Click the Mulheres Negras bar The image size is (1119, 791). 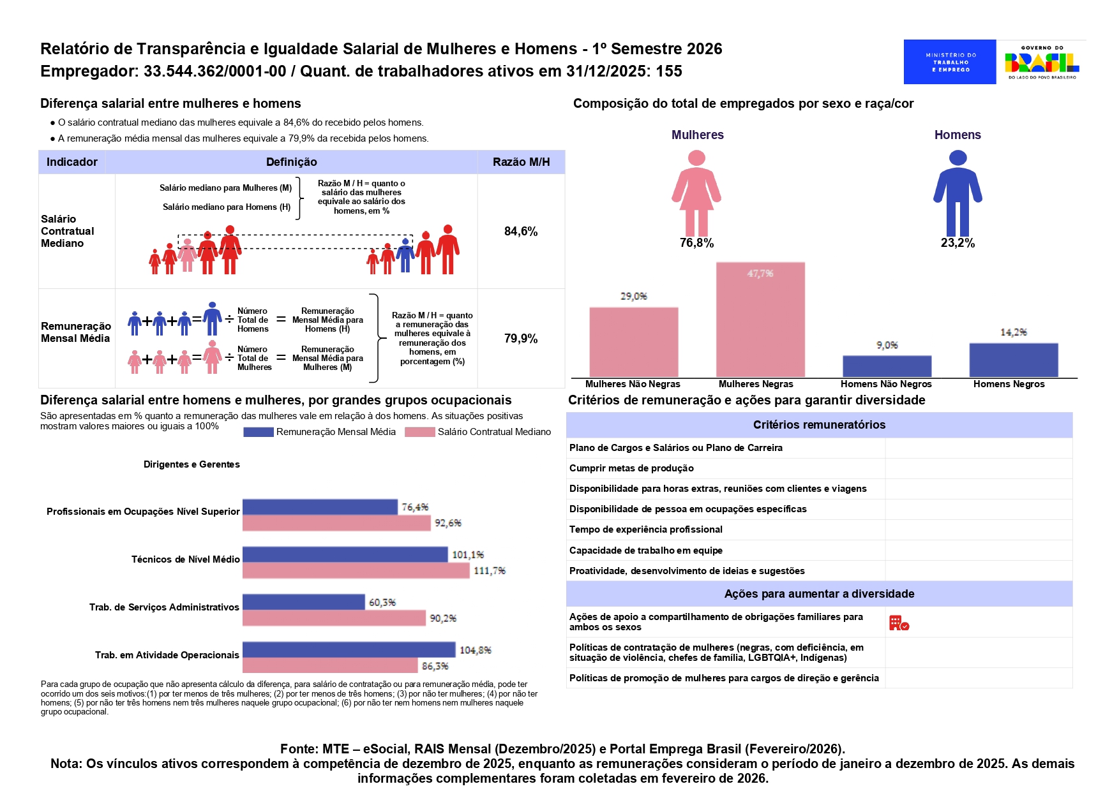click(x=760, y=320)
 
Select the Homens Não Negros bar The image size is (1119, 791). click(x=887, y=366)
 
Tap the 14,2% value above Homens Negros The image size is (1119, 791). click(x=1013, y=332)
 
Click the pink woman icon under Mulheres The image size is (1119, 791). click(x=696, y=193)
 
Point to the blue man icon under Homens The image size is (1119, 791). click(x=958, y=193)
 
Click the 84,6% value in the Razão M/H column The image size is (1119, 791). click(x=521, y=231)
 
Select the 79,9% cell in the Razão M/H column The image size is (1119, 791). click(x=521, y=338)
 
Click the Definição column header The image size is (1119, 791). click(x=291, y=162)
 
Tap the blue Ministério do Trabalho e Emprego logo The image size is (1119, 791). click(x=950, y=62)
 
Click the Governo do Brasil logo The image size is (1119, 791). click(x=1042, y=62)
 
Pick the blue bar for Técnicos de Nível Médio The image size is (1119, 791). click(x=345, y=554)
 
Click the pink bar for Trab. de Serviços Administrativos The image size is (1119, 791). click(x=334, y=617)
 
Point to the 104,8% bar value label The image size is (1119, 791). click(x=475, y=650)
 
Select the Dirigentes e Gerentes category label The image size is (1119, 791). click(x=192, y=464)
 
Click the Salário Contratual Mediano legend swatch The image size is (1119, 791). click(x=419, y=432)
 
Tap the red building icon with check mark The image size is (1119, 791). click(x=898, y=623)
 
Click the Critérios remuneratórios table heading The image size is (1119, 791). click(x=819, y=425)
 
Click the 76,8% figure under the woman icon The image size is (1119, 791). click(x=696, y=243)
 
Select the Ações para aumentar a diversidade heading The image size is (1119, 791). click(x=819, y=594)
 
